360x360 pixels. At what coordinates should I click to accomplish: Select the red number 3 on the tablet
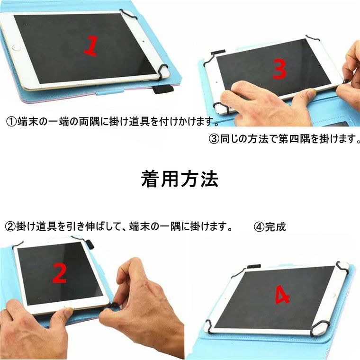point(279,70)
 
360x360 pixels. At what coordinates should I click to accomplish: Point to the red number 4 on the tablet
point(282,295)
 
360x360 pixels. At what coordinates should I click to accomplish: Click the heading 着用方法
point(180,179)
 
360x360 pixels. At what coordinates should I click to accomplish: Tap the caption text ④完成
point(270,227)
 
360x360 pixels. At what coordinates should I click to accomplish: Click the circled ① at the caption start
point(11,121)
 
